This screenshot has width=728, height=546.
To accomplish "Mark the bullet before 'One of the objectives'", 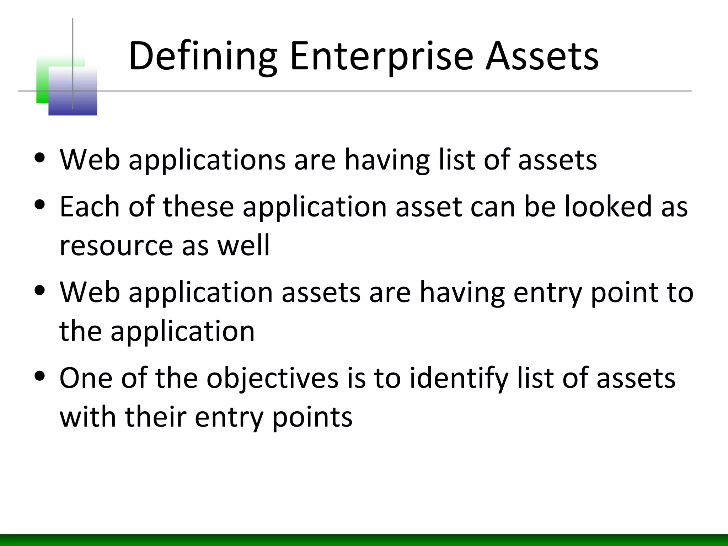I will pyautogui.click(x=40, y=375).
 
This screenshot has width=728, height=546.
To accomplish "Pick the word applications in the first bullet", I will pyautogui.click(x=207, y=160).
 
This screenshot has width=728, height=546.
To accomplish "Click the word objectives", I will pyautogui.click(x=273, y=378).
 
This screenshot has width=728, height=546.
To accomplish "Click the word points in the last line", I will pyautogui.click(x=312, y=417).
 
